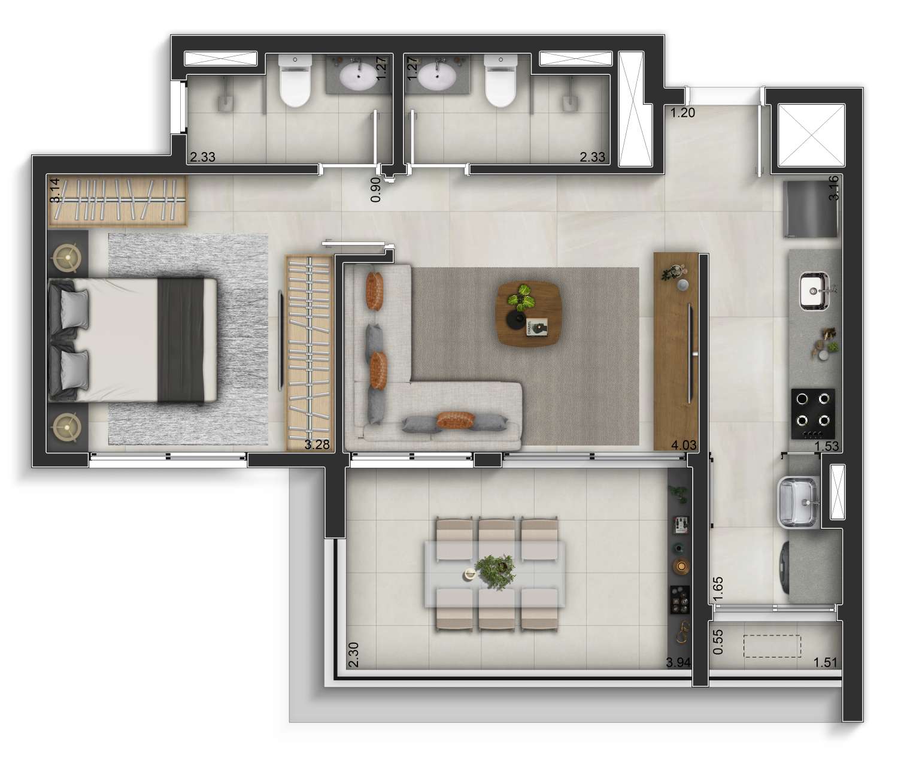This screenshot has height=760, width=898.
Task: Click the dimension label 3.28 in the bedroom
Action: coord(317,444)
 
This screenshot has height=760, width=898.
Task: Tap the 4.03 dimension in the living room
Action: coord(684,445)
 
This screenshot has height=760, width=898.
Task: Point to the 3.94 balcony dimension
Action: coord(679,662)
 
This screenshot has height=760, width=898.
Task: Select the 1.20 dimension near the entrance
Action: coord(682,113)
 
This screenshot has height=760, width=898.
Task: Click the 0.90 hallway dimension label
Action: coord(376,189)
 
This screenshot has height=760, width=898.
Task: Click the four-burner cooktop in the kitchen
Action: coord(813,414)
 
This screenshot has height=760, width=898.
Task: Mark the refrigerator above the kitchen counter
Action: coord(811,209)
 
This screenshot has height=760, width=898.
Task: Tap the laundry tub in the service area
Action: coord(799,502)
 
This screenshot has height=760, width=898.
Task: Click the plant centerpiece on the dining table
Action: coord(495,571)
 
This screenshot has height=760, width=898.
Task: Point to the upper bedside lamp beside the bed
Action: coord(67,258)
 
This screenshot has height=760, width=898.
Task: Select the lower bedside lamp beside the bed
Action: coord(67,427)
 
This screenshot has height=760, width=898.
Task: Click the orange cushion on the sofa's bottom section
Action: coord(456,419)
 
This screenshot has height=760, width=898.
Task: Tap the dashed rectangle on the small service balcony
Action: coord(772,646)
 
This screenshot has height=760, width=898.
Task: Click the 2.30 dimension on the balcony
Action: coord(354,655)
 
